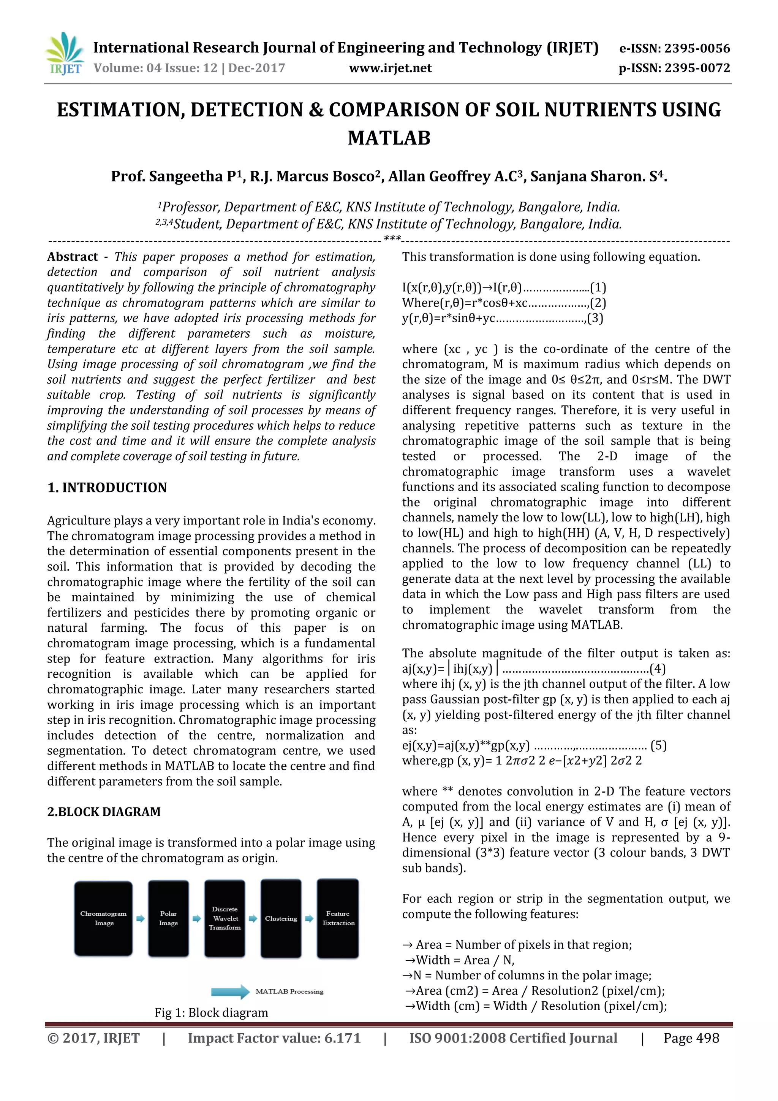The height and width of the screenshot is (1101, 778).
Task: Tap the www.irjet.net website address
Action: tap(390, 68)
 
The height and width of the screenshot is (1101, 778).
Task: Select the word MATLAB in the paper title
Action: tap(389, 138)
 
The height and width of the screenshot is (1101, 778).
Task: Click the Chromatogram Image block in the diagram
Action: tap(103, 918)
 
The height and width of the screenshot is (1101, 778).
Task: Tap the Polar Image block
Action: tap(168, 918)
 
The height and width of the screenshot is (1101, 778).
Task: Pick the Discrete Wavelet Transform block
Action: tap(225, 918)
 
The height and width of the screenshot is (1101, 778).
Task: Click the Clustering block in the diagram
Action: tap(281, 918)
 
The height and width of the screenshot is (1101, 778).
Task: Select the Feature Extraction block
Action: tap(338, 918)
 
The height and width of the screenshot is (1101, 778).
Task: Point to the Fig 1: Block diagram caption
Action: tap(211, 1012)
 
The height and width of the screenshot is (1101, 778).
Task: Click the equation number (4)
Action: tap(657, 669)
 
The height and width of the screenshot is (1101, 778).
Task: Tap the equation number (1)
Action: tap(598, 288)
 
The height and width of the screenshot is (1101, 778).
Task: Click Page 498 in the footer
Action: tap(691, 1038)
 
